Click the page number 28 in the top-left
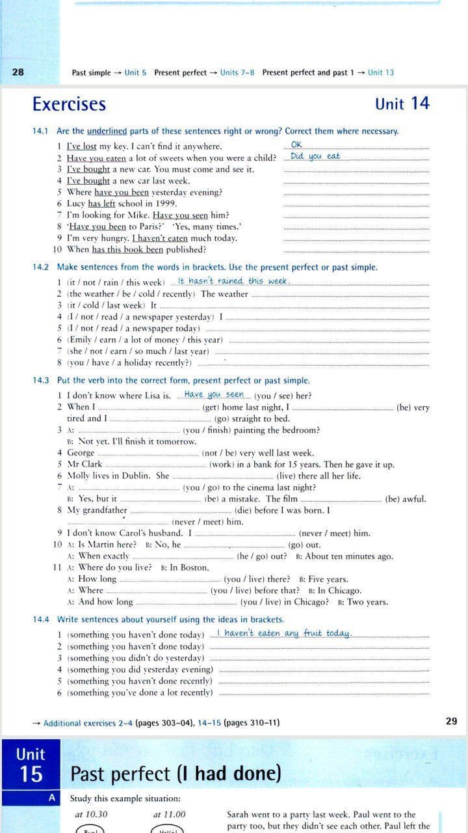pyautogui.click(x=18, y=72)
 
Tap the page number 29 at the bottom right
pyautogui.click(x=452, y=720)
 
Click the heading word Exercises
pyautogui.click(x=69, y=104)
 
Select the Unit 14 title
pyautogui.click(x=402, y=104)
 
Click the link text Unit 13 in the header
pyautogui.click(x=381, y=73)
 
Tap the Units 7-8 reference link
pyautogui.click(x=237, y=73)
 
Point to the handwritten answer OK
pyautogui.click(x=296, y=144)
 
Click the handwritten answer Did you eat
pyautogui.click(x=315, y=156)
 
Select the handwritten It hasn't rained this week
pyautogui.click(x=232, y=281)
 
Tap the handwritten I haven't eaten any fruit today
pyautogui.click(x=283, y=633)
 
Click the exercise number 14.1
pyautogui.click(x=41, y=131)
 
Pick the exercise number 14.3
pyautogui.click(x=41, y=381)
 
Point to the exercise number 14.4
pyautogui.click(x=41, y=620)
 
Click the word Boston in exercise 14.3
pyautogui.click(x=195, y=567)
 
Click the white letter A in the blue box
pyautogui.click(x=53, y=797)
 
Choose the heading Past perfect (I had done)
pyautogui.click(x=175, y=774)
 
